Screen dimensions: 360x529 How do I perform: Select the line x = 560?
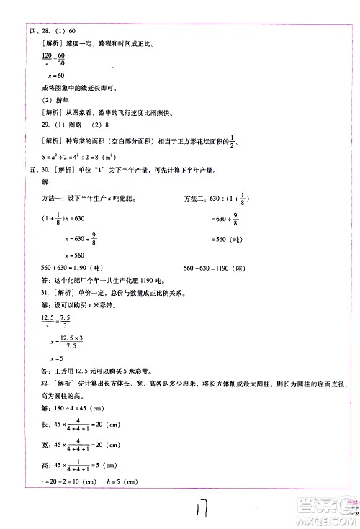[x=75, y=255]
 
